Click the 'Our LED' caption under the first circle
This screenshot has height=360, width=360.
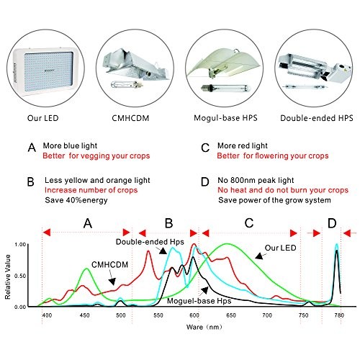click(x=43, y=118)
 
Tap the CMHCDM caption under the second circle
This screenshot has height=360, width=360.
click(x=130, y=118)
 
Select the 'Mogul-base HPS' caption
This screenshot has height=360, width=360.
click(x=225, y=118)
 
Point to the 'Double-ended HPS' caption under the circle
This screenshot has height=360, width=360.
click(x=317, y=118)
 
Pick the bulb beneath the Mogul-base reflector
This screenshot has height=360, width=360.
click(x=226, y=88)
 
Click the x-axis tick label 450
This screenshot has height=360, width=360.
click(x=84, y=315)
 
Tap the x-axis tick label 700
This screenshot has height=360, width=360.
click(x=267, y=315)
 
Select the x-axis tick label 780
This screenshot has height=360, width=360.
click(x=339, y=315)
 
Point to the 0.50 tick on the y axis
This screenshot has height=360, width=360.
click(x=20, y=276)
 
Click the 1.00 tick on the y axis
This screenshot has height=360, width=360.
click(x=20, y=245)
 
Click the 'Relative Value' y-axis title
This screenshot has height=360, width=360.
click(x=8, y=276)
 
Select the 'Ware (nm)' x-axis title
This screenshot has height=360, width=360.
click(x=204, y=327)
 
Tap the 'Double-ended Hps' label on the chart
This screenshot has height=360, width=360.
click(x=150, y=242)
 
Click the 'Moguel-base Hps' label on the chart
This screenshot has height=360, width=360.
click(x=199, y=301)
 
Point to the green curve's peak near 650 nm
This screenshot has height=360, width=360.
click(x=227, y=244)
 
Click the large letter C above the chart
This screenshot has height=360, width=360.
click(x=249, y=223)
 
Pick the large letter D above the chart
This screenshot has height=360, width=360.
click(x=332, y=223)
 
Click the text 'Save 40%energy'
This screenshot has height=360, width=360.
click(x=76, y=200)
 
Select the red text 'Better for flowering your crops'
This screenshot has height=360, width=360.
click(x=273, y=156)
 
